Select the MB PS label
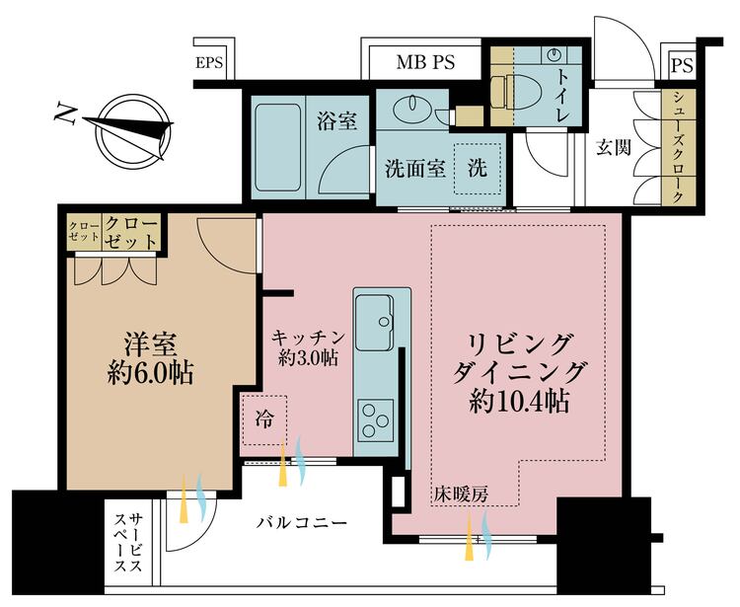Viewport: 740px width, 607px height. (x=425, y=63)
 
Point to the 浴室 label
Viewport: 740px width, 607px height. (x=336, y=120)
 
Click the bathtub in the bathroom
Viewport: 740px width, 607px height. (x=279, y=148)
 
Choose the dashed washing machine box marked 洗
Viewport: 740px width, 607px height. (x=477, y=169)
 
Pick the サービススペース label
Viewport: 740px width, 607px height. (x=127, y=544)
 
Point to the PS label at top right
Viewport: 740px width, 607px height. (x=681, y=66)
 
